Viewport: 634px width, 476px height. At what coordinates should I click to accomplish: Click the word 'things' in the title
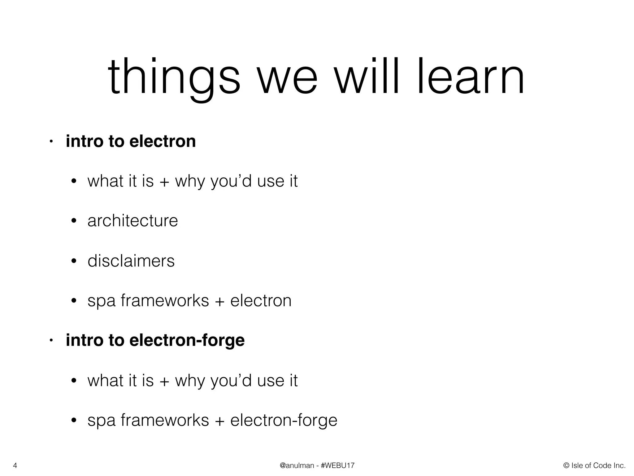[174, 77]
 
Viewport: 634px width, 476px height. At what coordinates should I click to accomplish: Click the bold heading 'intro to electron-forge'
[155, 340]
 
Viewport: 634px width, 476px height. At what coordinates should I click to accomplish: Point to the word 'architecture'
[132, 221]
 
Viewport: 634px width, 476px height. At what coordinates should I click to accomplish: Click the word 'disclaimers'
[131, 261]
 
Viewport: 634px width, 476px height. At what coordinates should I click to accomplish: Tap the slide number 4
[15, 465]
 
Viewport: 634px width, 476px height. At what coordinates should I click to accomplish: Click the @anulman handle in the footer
[297, 465]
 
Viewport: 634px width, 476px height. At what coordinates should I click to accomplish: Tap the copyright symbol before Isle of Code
[567, 465]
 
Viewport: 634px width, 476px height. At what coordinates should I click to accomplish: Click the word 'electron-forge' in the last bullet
[284, 420]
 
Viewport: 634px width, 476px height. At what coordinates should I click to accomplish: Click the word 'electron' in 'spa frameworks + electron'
[261, 301]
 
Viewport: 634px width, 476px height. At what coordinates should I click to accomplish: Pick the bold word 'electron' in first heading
[163, 141]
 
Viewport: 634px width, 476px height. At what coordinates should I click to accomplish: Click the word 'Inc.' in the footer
[619, 465]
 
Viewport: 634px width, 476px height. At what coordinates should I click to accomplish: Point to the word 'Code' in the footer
[602, 465]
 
